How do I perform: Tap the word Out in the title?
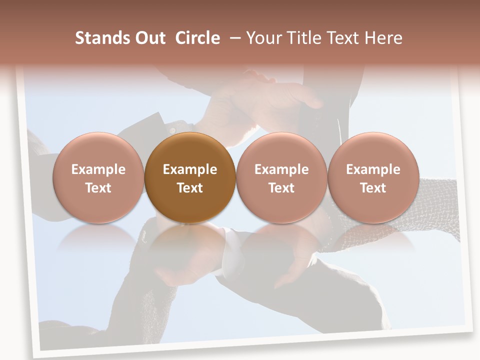click(x=148, y=38)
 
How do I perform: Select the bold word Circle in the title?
click(x=197, y=38)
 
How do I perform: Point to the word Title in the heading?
click(x=305, y=38)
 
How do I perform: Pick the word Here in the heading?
click(x=384, y=38)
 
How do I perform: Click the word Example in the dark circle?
click(x=190, y=169)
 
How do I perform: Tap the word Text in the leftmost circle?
click(x=98, y=188)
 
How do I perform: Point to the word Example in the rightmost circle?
click(x=373, y=169)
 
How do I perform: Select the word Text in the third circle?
click(x=281, y=188)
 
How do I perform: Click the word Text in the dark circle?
click(x=190, y=188)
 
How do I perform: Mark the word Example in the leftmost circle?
click(x=98, y=169)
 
